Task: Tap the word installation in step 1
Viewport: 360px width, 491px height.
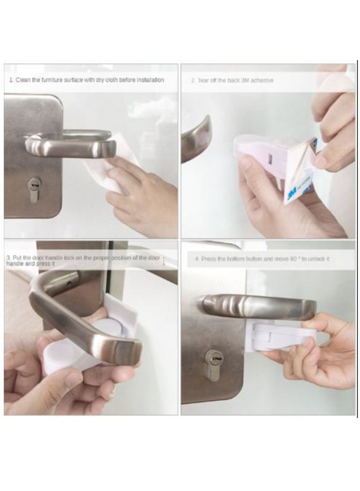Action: tap(149, 80)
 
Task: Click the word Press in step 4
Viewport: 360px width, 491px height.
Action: tap(209, 259)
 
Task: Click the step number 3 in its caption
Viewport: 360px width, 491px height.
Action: tap(8, 258)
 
